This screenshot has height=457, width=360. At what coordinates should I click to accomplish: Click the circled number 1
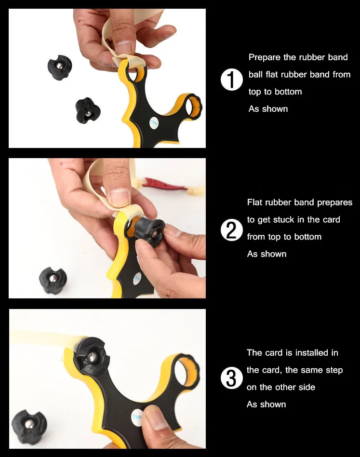click(231, 80)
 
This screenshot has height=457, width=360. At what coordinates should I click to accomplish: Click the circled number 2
click(231, 230)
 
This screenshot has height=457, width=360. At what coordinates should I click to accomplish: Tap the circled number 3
click(231, 378)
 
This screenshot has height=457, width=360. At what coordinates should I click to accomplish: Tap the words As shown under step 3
click(266, 404)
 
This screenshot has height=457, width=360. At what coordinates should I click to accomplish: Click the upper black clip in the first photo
click(60, 67)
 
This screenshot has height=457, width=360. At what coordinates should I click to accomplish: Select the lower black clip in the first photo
click(87, 110)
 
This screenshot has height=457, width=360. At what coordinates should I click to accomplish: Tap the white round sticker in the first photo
click(154, 124)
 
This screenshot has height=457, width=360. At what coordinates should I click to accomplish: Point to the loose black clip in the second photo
click(53, 281)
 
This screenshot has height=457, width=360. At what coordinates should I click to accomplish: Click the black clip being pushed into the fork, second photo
click(148, 232)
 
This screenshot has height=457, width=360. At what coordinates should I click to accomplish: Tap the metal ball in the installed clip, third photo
click(93, 356)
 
